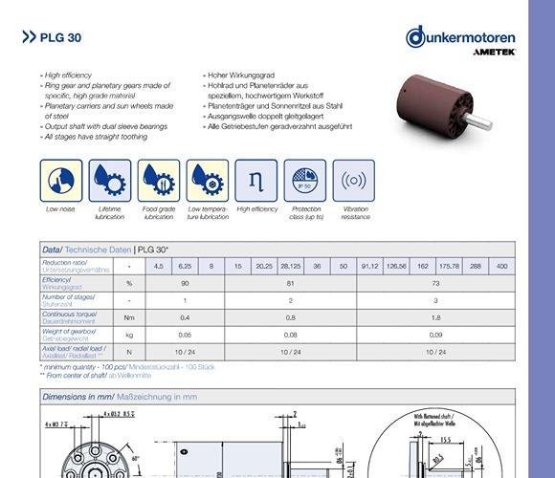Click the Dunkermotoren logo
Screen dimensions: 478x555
click(460, 37)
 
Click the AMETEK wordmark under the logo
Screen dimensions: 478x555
click(492, 54)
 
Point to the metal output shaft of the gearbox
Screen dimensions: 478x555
click(480, 121)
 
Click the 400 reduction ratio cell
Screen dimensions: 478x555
click(501, 265)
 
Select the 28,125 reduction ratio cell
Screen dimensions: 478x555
click(291, 265)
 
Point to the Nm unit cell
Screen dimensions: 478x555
click(128, 317)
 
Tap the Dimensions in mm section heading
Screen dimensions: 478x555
click(121, 395)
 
